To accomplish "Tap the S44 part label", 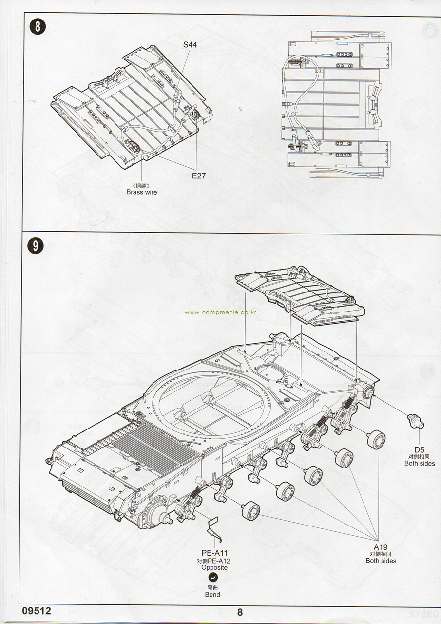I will coord(191,45).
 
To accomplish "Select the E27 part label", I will coord(198,175).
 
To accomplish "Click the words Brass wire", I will coord(142,192).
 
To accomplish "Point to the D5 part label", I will coord(419,449).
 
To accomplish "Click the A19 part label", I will coord(381,547).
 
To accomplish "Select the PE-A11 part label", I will coord(214,553).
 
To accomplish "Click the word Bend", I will coord(212,594).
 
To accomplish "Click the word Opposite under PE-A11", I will coord(214,568).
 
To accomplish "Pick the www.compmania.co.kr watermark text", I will coord(220,312).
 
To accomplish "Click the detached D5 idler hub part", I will coord(416,421).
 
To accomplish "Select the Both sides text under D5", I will coord(420,463).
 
